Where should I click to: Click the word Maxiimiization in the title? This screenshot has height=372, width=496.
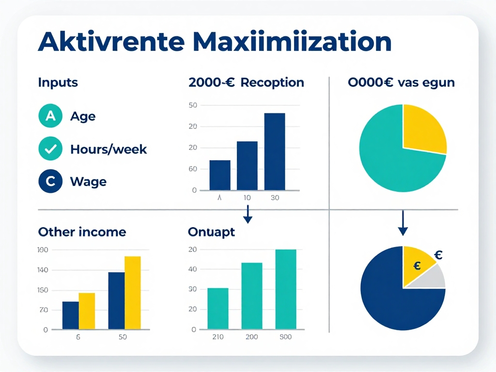pos(292,43)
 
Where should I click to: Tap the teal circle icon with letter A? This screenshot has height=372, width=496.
pos(50,116)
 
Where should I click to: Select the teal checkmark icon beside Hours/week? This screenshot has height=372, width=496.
pos(50,149)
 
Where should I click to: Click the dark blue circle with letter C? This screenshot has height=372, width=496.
pos(50,182)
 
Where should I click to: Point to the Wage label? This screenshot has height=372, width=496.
pos(88,182)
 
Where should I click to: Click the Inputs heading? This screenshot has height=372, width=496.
pos(58,82)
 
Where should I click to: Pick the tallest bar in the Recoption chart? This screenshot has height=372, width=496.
pos(275,151)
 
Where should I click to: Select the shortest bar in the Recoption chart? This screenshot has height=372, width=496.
pos(219,175)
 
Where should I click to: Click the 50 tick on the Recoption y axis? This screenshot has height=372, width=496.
pos(193,106)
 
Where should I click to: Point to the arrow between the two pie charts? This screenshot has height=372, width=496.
pos(403,223)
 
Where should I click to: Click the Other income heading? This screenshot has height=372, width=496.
pos(82,232)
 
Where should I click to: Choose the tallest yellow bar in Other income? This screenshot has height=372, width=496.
pos(132,293)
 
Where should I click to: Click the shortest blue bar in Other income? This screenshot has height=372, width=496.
pos(70,315)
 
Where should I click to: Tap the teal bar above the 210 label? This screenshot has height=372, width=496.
pos(217,309)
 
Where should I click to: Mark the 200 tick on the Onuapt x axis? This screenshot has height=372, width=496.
pos(251,337)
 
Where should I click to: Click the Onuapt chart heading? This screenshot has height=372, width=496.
pos(211,232)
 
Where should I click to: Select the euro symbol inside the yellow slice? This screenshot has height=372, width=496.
pos(417,265)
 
